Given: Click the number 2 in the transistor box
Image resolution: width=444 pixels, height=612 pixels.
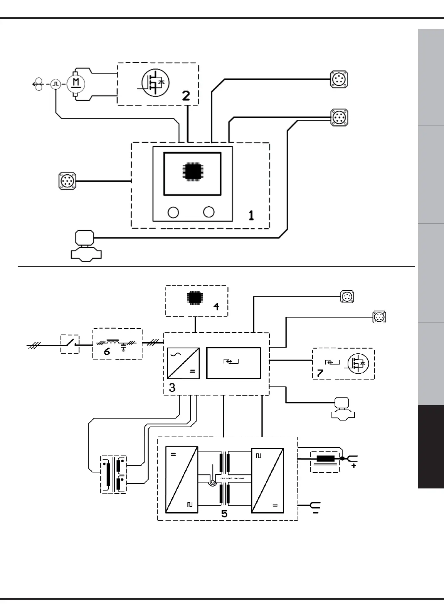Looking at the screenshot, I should pos(186,95).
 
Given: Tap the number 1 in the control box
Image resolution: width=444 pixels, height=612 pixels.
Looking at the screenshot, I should pos(251,216).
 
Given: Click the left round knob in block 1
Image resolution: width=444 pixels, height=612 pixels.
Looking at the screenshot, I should pos(173,212).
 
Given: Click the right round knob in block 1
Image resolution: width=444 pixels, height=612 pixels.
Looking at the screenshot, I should pos(209,212).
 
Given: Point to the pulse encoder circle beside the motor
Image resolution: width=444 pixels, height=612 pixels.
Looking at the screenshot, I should pos(56,84).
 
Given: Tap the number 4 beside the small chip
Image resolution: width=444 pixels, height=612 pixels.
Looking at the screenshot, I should pos(216,306).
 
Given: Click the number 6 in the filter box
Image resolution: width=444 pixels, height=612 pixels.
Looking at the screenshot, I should pos(107,351).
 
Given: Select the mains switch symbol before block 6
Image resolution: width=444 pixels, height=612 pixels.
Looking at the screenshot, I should pos(70,344).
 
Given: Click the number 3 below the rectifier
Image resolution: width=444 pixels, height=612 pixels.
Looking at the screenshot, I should pos(172,388).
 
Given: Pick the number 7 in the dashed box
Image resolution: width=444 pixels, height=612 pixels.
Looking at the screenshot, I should pos(320,373).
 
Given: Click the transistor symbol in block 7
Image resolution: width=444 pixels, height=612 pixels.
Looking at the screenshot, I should pos(358,363).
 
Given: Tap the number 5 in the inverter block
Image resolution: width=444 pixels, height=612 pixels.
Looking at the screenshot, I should pos(224,513).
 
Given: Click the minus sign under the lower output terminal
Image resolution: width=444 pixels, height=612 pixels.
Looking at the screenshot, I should pos(315,513).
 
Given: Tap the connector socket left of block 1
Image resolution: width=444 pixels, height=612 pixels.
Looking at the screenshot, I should pos(67,181).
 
